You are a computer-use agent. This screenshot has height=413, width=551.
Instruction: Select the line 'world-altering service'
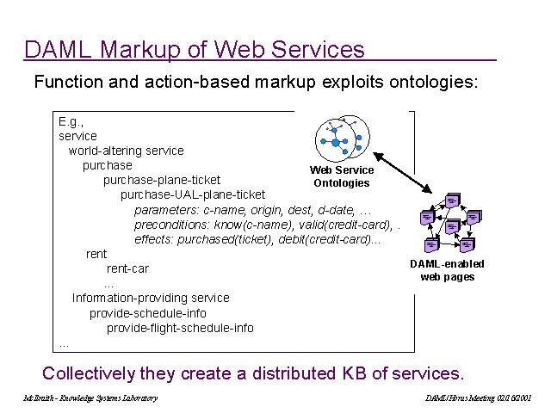point(127,151)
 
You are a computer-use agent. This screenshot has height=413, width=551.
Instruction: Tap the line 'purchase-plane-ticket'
point(162,180)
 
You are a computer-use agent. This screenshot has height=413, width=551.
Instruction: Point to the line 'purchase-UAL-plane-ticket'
point(193,194)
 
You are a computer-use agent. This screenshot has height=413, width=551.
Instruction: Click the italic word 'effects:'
point(154,239)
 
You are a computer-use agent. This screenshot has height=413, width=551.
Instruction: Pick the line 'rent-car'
point(127,268)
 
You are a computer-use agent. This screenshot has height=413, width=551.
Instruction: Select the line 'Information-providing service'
point(151,298)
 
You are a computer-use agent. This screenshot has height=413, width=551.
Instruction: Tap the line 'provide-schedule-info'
point(148,313)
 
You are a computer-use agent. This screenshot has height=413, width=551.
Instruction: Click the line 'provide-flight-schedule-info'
point(180,328)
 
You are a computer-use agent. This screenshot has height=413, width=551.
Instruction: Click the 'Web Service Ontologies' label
point(342,176)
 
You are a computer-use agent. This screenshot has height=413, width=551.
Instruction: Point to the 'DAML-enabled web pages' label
point(447,270)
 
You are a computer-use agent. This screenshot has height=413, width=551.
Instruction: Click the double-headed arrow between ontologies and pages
point(403,171)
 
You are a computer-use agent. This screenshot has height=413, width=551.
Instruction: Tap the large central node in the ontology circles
point(334,141)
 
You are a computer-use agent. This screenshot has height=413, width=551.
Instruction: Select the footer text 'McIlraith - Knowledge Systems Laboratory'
point(90,398)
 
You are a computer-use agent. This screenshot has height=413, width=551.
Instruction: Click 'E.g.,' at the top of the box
point(71,121)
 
